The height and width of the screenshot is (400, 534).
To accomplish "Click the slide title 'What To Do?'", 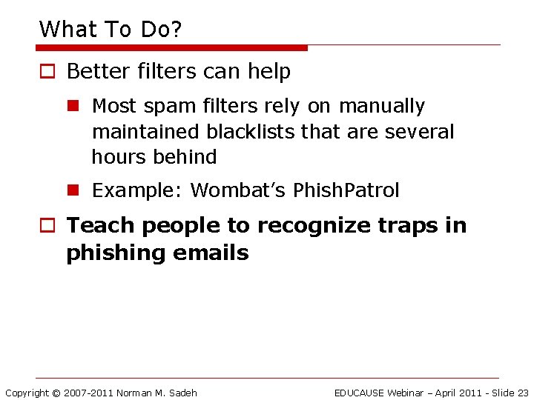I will tap(111, 29).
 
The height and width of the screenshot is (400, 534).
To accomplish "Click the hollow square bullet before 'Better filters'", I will tap(47, 72).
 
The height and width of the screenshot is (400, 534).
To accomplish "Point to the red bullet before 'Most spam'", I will tap(73, 107).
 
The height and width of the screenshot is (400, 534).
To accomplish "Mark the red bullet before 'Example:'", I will tap(73, 190).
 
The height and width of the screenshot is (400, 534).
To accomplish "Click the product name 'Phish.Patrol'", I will tap(346, 190).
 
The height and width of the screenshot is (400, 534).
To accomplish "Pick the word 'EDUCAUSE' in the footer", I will tap(359, 393).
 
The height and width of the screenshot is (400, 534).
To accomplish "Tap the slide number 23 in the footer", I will tap(522, 393).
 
